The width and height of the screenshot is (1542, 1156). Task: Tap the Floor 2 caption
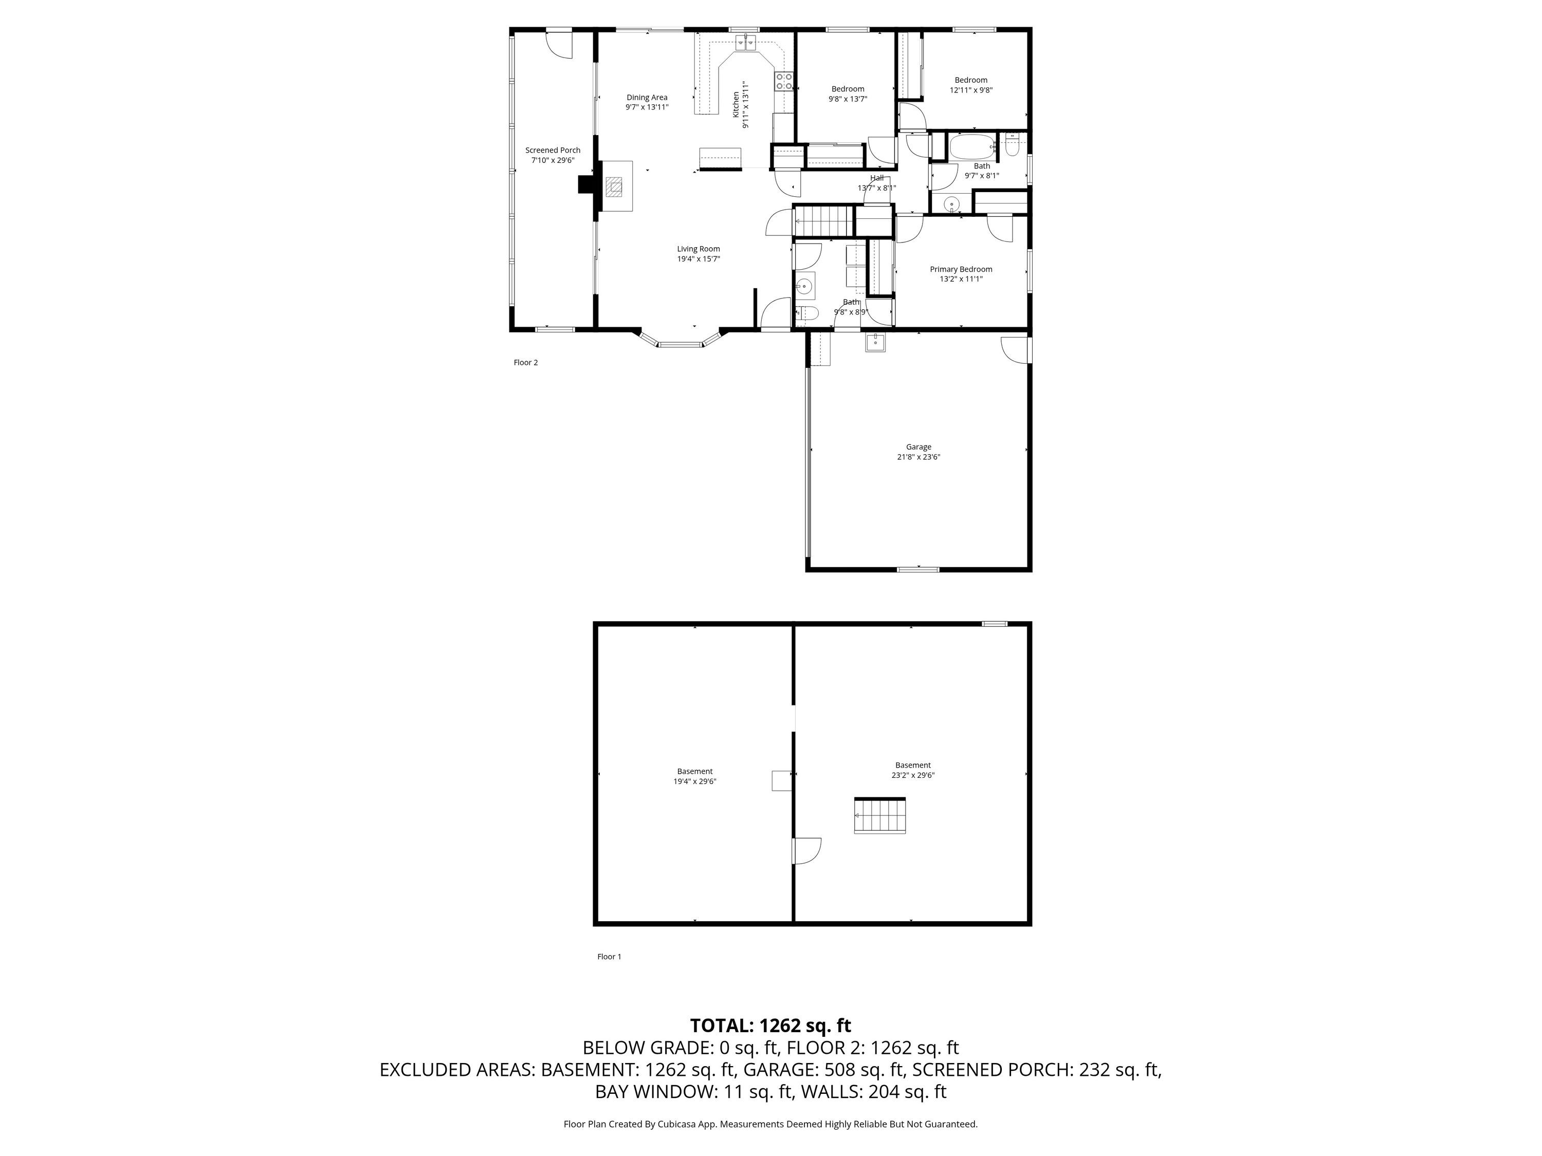[x=526, y=362]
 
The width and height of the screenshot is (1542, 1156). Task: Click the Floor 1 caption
[x=609, y=957]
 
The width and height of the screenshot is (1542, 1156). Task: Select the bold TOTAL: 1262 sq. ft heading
[x=770, y=1026]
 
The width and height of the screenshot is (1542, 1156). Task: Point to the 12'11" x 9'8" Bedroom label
[x=971, y=85]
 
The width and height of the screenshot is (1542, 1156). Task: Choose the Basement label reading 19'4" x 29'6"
[x=695, y=776]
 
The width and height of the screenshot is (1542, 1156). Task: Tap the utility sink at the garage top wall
[x=875, y=343]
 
